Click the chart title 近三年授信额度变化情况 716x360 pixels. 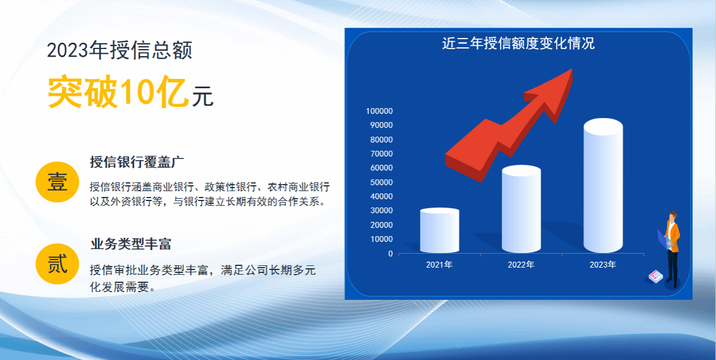pos(518,43)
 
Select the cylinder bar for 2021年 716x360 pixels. pos(440,230)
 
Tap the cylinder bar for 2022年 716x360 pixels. pos(522,209)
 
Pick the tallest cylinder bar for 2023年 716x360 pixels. pos(603,186)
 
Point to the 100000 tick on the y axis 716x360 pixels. pos(380,111)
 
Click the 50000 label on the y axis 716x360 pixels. pos(381,182)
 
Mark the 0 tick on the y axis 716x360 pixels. pos(390,254)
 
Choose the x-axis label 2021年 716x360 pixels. pos(439,265)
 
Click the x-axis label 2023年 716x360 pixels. pos(603,265)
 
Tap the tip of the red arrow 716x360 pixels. pos(571,70)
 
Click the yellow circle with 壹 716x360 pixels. pos(57,182)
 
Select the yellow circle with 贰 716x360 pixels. pos(57,264)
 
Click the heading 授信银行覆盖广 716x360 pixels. pos(137,162)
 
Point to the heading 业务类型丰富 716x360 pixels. pos(131,244)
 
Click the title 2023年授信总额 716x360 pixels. pos(120,50)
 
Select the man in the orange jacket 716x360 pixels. pos(670,250)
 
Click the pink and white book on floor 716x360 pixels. pos(656,276)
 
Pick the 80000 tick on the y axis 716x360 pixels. pos(381,140)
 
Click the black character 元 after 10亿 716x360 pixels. pos(203,96)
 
